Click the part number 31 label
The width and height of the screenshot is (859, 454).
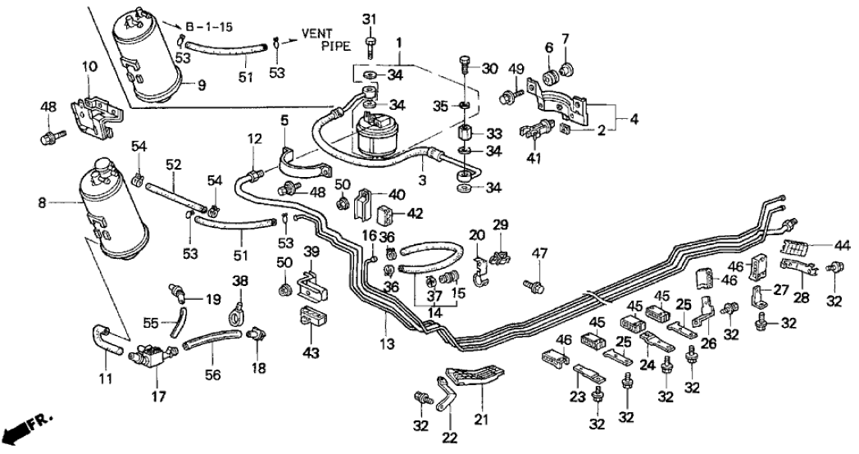pos(369,19)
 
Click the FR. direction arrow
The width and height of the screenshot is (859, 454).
pos(25,429)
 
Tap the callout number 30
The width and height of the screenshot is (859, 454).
pos(491,69)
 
